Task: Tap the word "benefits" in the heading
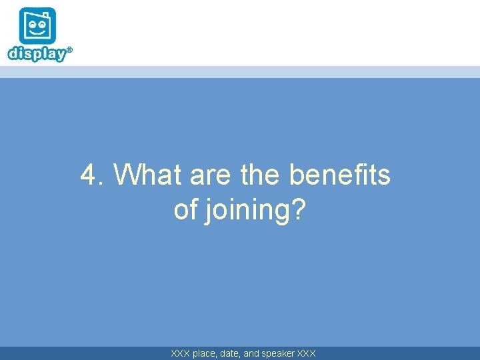pos(340,175)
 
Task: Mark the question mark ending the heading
pos(299,210)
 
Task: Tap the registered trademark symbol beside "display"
pos(69,49)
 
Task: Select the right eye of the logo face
pos(43,23)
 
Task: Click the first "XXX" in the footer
pos(180,353)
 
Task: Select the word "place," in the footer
pos(205,353)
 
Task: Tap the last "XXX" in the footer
pos(307,353)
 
